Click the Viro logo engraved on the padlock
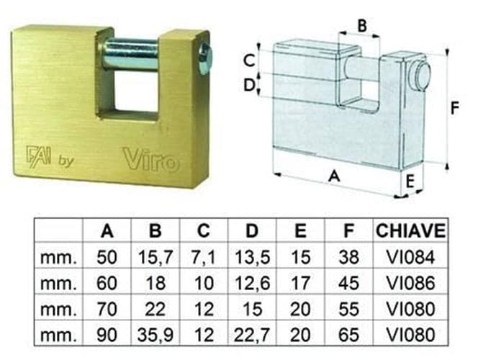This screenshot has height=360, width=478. coord(151,158)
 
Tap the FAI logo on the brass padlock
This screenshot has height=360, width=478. coord(38,156)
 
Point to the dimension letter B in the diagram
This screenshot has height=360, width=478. coord(362,26)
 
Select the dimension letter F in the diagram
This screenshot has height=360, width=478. coord(454,108)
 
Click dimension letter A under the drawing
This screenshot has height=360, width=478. coord(334,176)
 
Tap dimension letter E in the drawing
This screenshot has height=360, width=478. coord(410,181)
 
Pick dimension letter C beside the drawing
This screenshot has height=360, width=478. coord(249,60)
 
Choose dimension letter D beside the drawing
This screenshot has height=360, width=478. coord(249,85)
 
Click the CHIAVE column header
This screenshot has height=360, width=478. coord(410,230)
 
